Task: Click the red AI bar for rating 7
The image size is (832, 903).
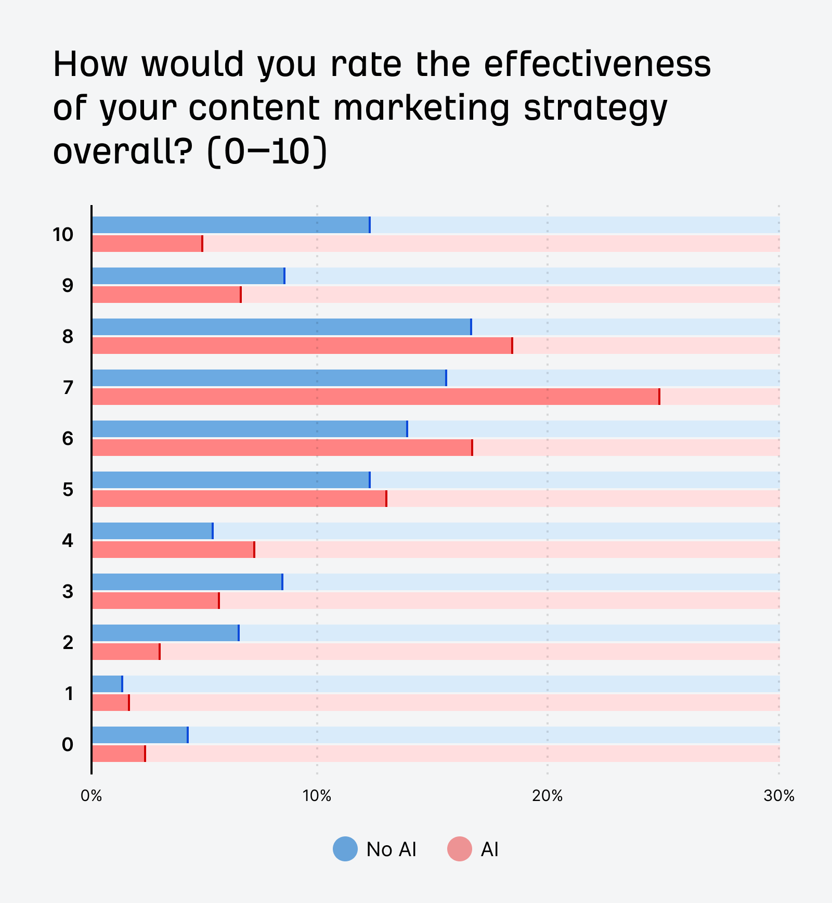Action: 375,397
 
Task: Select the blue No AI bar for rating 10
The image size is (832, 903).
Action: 231,225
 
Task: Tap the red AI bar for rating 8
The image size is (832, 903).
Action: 302,346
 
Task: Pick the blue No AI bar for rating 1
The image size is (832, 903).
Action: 107,684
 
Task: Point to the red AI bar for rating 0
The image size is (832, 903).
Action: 119,754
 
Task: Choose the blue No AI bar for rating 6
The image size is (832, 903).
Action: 250,429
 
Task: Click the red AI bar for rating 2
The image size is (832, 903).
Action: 126,652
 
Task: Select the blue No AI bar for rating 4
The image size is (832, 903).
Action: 152,531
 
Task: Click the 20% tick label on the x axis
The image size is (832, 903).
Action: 547,796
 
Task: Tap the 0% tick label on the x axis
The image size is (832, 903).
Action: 92,796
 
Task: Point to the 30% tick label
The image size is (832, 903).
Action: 778,796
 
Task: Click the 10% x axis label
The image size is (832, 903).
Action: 317,796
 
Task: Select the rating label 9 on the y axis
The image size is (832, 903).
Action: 68,286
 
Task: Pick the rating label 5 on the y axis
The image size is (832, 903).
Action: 68,490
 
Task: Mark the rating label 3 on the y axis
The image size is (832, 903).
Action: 68,592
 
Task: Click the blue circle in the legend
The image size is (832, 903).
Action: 345,849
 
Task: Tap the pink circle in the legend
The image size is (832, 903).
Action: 459,849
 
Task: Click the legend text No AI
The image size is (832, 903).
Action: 391,849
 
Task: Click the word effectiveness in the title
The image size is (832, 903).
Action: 597,65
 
